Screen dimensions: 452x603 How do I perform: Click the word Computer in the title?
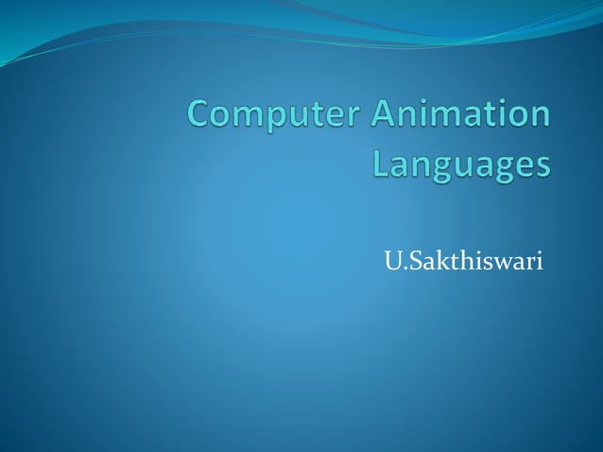coord(273,117)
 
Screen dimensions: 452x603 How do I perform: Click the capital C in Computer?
coord(201,117)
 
